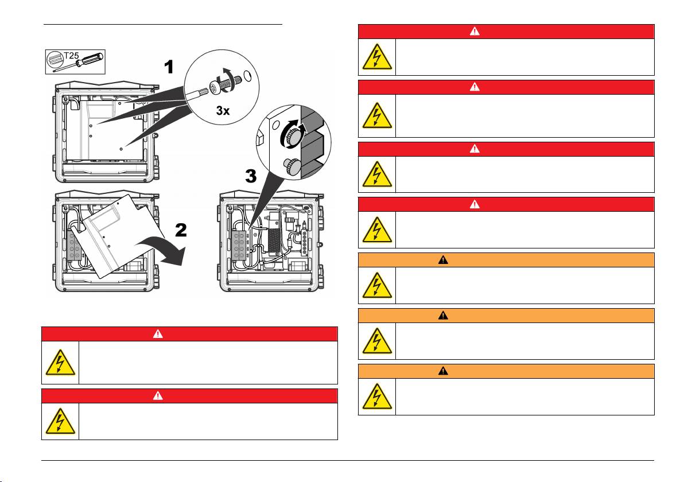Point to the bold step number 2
181,231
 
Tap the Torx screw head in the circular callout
216,86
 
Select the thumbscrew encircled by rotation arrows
296,138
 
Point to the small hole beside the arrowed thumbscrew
276,125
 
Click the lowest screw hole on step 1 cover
121,147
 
